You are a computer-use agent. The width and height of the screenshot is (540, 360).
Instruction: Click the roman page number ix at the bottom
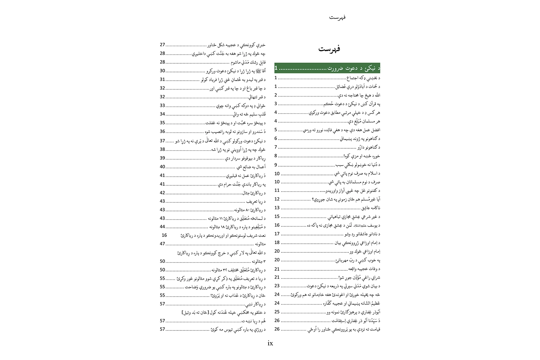[270, 343]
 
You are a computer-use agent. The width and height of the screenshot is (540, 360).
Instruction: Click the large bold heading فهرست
[329, 49]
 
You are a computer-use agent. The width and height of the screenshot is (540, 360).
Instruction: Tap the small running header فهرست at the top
[337, 17]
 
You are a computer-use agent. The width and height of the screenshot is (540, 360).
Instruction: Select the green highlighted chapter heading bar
[327, 68]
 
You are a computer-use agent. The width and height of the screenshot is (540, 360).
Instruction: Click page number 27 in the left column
[162, 45]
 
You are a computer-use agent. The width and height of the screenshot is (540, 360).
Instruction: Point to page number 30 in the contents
[162, 71]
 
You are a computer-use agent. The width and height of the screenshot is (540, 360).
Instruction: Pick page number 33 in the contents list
[162, 105]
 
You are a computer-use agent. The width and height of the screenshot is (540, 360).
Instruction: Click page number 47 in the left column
[162, 244]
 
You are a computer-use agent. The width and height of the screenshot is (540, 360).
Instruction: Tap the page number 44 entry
[162, 227]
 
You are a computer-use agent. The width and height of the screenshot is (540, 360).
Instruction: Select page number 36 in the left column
[162, 131]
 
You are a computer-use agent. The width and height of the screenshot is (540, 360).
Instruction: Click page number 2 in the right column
[276, 95]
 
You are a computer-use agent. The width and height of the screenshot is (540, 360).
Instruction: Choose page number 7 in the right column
[276, 147]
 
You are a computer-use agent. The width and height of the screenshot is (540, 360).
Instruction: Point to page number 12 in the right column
[277, 199]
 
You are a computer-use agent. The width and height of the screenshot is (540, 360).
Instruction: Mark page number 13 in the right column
[277, 208]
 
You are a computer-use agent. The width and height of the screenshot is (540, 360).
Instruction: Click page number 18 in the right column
[277, 243]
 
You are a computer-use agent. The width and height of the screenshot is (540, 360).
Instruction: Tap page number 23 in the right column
[277, 286]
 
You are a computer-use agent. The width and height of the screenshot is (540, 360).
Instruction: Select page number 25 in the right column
[277, 312]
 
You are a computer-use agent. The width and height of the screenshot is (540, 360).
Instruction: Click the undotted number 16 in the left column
[164, 235]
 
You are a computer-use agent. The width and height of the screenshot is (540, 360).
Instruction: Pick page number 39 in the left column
[162, 158]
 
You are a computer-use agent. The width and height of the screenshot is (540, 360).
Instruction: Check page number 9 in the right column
[276, 165]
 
